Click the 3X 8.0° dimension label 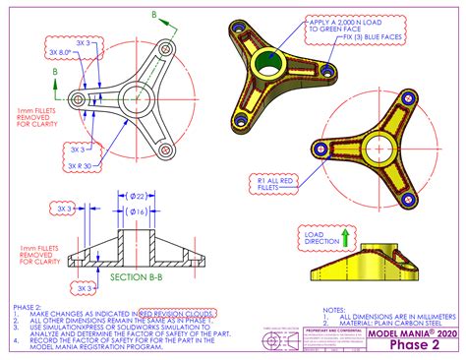(x=58, y=52)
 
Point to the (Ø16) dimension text (x=137, y=212)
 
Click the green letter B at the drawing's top (x=152, y=14)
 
